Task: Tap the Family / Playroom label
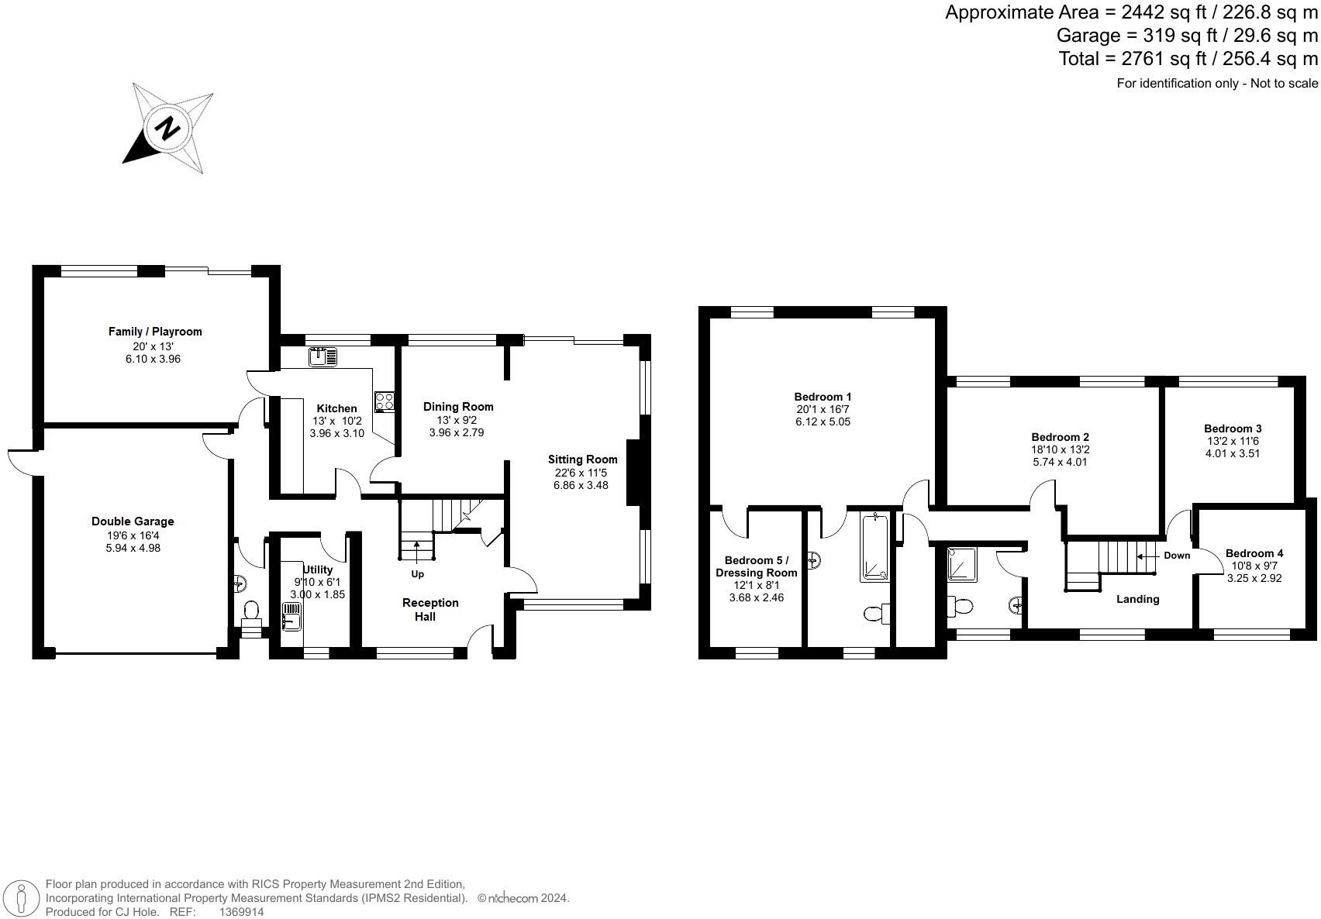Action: click(x=155, y=332)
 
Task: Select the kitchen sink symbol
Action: click(x=322, y=357)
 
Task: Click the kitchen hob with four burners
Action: click(x=385, y=401)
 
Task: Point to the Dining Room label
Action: click(x=457, y=407)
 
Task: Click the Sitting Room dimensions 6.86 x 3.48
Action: click(x=581, y=485)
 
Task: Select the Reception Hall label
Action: click(x=430, y=609)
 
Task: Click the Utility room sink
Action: click(x=291, y=618)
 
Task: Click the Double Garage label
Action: click(x=133, y=521)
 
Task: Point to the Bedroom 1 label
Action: click(x=823, y=397)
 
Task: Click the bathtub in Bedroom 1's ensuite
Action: click(x=878, y=546)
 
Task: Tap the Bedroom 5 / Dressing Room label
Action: click(x=756, y=566)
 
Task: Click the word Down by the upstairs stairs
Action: click(x=1176, y=556)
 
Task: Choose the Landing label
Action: click(x=1137, y=599)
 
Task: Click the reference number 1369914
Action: click(x=241, y=912)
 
